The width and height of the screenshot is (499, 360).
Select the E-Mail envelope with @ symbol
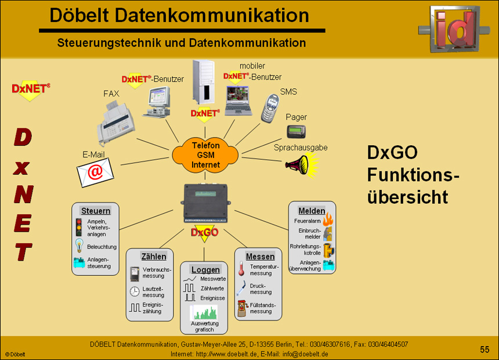pos(95,172)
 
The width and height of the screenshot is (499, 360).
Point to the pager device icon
pos(296,131)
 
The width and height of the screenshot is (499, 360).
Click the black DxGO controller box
pos(206,204)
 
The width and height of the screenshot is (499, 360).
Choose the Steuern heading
pos(95,211)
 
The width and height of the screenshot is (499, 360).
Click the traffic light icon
pos(79,226)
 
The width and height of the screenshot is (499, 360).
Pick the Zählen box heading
pos(154,256)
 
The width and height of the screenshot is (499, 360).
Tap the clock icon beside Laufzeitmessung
pos(134,291)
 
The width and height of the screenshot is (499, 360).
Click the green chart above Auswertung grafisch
pos(204,312)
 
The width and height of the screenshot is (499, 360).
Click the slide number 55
pos(484,349)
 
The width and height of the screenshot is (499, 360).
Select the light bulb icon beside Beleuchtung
pos(79,244)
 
